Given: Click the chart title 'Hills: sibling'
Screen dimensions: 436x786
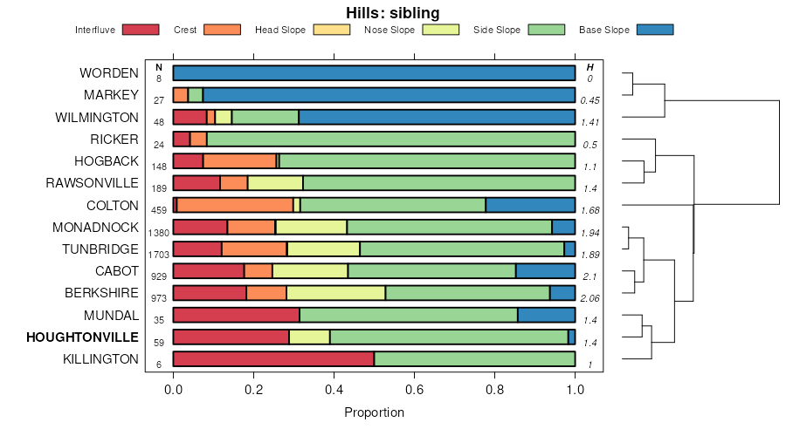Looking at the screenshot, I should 392,13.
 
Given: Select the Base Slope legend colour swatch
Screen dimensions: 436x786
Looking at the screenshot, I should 655,30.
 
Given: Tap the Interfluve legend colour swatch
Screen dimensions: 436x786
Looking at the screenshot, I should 141,30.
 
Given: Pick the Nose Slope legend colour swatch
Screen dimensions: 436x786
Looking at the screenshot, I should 440,30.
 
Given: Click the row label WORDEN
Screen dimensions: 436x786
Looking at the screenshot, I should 108,73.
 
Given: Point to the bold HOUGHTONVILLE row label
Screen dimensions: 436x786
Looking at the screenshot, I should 82,337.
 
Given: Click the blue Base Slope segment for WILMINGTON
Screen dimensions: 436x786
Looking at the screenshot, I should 437,117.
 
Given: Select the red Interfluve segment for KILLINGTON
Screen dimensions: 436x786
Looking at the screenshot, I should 273,359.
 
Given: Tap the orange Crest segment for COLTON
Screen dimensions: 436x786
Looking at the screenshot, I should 236,205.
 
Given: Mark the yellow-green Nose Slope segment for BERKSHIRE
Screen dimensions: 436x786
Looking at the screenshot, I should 335,293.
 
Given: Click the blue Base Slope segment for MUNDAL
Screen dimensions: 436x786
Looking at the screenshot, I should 546,315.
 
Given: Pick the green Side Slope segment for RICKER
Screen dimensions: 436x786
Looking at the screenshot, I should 390,139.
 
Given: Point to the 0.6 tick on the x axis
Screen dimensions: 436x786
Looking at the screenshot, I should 415,372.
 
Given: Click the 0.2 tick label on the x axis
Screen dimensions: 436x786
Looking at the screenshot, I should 254,389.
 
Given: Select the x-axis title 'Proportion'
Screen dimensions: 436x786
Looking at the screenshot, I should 374,412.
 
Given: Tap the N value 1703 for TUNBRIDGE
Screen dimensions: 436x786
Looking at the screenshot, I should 159,255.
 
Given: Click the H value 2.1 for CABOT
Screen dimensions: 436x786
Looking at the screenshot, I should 589,276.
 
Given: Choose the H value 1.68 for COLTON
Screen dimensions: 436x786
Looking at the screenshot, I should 589,210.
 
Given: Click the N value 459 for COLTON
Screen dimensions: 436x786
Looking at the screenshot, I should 159,210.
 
